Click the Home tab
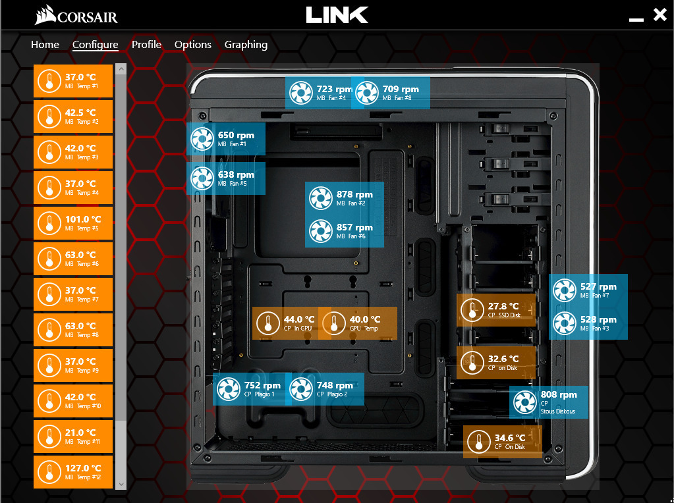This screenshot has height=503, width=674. click(x=45, y=45)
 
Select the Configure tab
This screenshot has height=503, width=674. click(x=95, y=45)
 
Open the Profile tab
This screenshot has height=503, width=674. click(x=146, y=45)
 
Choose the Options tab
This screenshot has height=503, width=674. click(x=192, y=45)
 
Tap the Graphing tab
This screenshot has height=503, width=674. click(x=246, y=45)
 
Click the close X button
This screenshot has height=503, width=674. click(x=660, y=15)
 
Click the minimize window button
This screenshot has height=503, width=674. click(x=636, y=20)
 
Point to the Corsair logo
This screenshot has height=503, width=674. click(x=76, y=15)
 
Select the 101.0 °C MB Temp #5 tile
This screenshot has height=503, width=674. click(x=73, y=223)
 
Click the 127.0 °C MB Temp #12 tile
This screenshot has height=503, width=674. click(x=73, y=472)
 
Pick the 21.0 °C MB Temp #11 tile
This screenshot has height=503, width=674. click(x=73, y=437)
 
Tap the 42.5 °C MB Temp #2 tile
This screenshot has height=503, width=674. click(x=73, y=117)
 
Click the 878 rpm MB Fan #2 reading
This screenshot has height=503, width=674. click(x=345, y=198)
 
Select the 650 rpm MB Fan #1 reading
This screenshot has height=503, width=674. click(x=226, y=139)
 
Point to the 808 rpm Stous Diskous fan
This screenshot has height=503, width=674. click(x=548, y=402)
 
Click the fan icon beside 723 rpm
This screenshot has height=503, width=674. click(x=300, y=93)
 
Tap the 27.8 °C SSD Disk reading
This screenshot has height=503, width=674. click(x=496, y=310)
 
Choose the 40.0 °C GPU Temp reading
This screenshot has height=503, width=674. click(x=358, y=323)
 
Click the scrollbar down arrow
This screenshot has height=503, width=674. click(x=121, y=484)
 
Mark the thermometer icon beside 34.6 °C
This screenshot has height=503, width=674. click(x=478, y=442)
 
